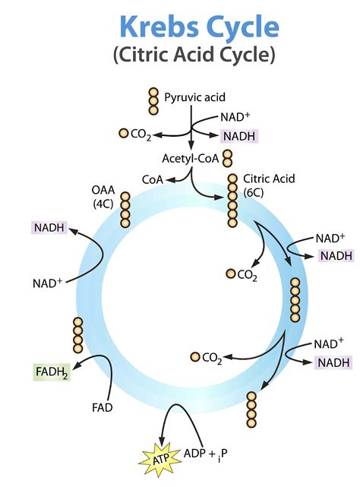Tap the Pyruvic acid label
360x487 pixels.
tap(194, 97)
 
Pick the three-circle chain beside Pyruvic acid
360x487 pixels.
tap(154, 101)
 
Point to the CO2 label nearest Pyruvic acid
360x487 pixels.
tap(136, 134)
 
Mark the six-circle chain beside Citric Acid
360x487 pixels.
tap(232, 202)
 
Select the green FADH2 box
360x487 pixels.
tap(52, 372)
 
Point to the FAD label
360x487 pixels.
tap(103, 408)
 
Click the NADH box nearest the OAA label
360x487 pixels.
tap(49, 227)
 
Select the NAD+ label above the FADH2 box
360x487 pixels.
tap(47, 283)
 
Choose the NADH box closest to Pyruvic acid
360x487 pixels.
tap(239, 137)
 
